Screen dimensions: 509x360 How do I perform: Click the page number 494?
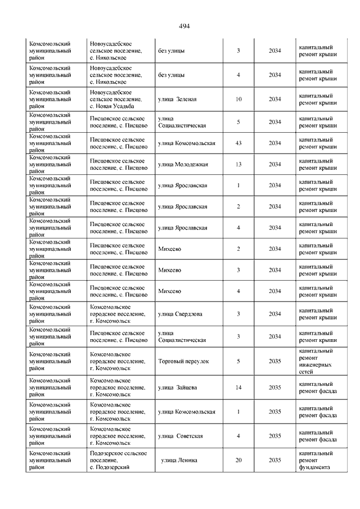coord(184,26)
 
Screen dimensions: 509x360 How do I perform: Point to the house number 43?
coord(238,143)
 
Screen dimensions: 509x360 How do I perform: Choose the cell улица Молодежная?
coord(183,164)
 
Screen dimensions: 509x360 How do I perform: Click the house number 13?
coord(238,164)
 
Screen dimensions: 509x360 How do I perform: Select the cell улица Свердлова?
coord(181,314)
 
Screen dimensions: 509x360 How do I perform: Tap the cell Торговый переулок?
coord(183,361)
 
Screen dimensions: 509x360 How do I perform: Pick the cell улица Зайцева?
coord(177,388)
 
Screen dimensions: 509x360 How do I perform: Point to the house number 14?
coord(238,388)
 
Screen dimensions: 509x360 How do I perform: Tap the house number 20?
coord(238,460)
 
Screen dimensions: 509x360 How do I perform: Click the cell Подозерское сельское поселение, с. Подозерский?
coord(119,460)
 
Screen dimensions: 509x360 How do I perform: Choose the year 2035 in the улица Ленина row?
coord(274,460)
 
